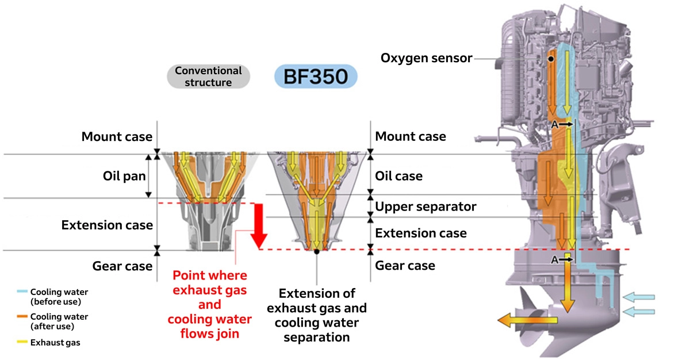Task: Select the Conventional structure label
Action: pos(208,76)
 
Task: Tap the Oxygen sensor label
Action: pos(426,58)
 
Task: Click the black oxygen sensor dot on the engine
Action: pos(550,59)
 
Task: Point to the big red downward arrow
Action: pos(259,224)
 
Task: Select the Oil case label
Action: pos(398,176)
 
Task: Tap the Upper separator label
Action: pos(425,206)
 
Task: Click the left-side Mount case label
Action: pos(117,137)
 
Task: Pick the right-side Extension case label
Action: pos(420,233)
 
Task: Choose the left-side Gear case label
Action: pos(122,266)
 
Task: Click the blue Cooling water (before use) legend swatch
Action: pos(22,292)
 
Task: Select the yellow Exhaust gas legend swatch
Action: pos(22,343)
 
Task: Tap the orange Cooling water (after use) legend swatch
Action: pos(22,316)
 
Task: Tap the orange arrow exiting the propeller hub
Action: pos(517,319)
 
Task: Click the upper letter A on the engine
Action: pos(554,124)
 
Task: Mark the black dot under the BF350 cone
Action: pos(317,251)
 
